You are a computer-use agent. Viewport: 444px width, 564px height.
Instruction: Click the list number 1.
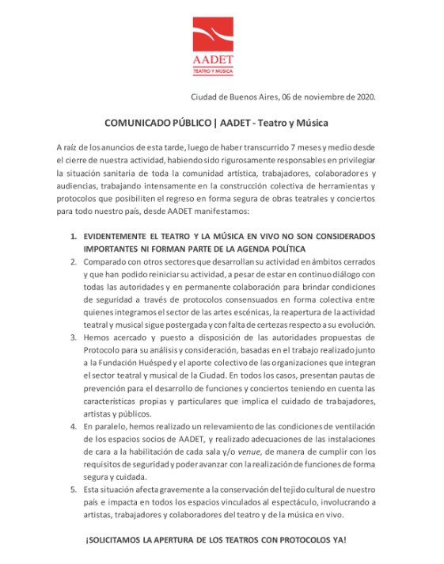74,237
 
